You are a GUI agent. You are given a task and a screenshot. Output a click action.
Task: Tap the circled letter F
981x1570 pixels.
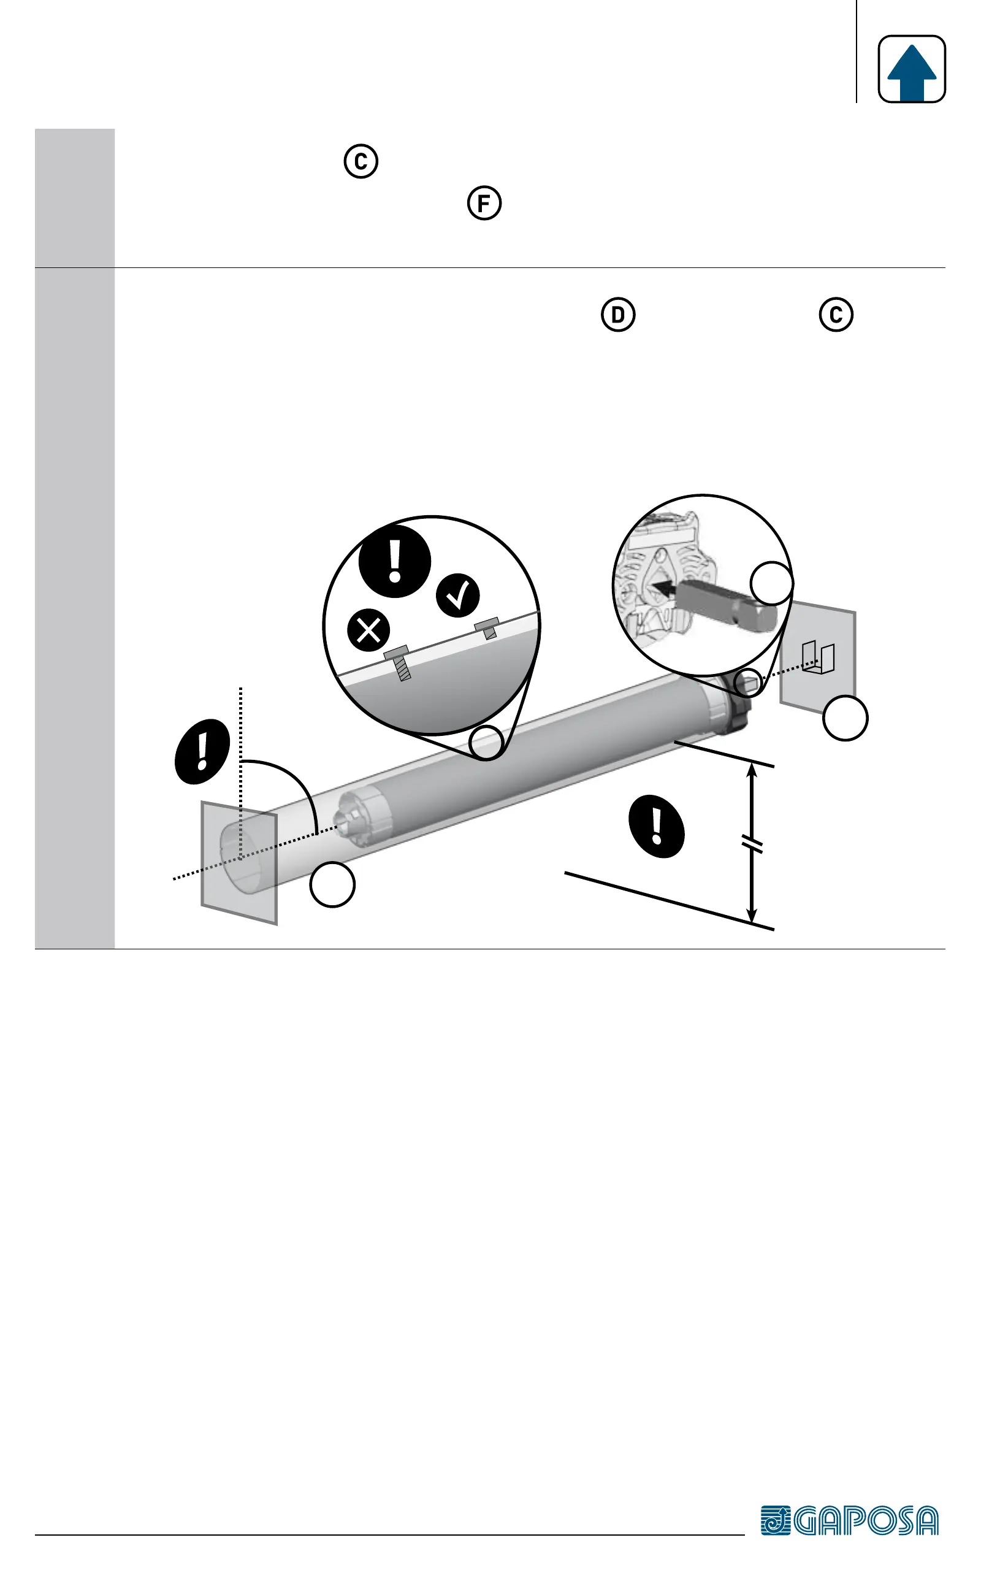pos(484,203)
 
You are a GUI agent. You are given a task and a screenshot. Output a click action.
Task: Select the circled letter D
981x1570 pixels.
pos(617,315)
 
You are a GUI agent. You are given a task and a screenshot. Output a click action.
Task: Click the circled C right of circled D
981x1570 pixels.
pos(836,315)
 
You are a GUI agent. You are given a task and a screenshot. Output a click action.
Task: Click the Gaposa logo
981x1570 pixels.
pos(849,1520)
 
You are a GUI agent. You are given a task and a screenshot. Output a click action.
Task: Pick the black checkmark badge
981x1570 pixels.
pos(457,595)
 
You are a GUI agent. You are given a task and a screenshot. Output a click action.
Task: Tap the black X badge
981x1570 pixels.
pos(368,630)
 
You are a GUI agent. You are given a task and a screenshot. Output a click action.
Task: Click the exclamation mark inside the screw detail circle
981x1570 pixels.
pos(394,561)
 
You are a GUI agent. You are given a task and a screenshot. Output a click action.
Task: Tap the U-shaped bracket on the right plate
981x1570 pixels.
pos(817,657)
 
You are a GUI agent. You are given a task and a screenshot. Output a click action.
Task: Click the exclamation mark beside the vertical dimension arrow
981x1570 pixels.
pos(657,827)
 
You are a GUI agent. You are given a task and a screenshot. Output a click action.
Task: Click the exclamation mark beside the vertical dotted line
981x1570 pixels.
pos(202,751)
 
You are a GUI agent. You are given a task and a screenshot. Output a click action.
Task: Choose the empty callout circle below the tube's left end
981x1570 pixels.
pos(332,884)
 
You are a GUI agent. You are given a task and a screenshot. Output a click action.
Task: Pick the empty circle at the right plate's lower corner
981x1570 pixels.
pos(845,718)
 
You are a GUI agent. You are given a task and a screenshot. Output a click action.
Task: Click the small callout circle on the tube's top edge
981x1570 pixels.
pos(487,743)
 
